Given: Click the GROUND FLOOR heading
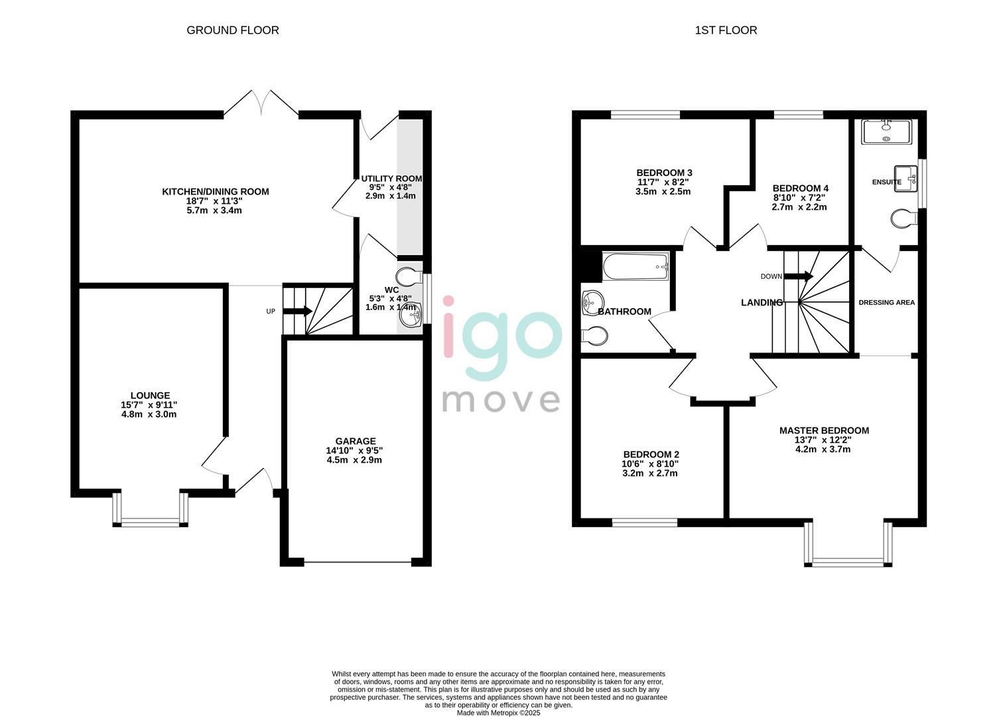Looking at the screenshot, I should click(x=232, y=30).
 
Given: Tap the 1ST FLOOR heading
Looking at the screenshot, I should click(x=726, y=30).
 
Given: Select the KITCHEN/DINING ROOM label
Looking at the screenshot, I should click(x=216, y=192).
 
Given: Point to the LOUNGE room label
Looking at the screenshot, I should click(x=150, y=396).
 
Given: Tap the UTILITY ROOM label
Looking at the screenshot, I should click(x=391, y=179).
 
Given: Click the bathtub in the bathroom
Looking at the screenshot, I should click(x=635, y=267).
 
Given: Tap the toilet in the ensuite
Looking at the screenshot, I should click(x=904, y=218).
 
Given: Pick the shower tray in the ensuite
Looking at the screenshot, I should click(x=887, y=131).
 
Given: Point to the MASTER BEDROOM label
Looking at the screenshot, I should click(x=824, y=430).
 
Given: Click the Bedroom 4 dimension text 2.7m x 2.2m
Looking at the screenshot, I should click(x=799, y=207).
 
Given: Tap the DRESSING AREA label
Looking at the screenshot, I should click(x=886, y=303).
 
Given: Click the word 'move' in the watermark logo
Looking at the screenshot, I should click(x=501, y=400).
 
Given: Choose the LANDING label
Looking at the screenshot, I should click(x=762, y=303).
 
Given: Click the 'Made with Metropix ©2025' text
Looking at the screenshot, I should click(x=498, y=713).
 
